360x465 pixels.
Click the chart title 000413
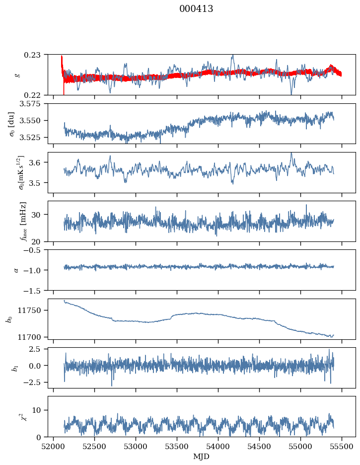coord(196,9)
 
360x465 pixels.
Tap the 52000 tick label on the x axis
coord(54,446)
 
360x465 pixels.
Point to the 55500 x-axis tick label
coord(342,446)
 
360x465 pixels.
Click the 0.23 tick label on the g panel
coord(37,54)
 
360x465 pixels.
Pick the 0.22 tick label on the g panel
coord(37,95)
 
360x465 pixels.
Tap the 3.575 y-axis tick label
coord(34,103)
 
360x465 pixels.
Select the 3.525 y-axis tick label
coord(34,137)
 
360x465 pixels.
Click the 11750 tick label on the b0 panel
coord(33,310)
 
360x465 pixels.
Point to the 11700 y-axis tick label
coord(33,337)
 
